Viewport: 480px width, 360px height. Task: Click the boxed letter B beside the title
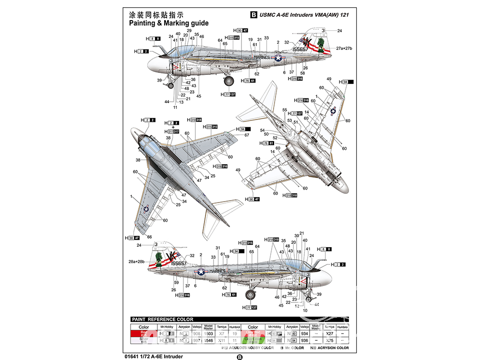254,14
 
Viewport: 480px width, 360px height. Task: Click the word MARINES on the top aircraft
261,57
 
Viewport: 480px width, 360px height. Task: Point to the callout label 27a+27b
344,48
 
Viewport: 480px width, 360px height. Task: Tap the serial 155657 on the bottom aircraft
178,263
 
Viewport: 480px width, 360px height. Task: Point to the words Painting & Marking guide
168,23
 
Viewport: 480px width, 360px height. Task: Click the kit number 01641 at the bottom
139,356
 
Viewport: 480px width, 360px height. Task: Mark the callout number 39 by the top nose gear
159,80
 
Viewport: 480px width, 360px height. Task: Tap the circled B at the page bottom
240,357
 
